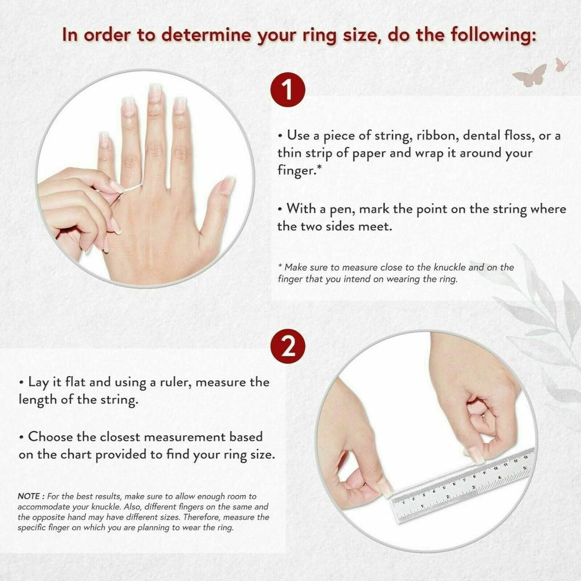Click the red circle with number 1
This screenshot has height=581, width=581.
(288, 90)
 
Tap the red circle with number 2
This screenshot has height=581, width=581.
(288, 347)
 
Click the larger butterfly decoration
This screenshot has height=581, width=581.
(530, 75)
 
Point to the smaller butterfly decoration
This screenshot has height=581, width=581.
(562, 65)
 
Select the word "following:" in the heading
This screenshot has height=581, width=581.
(493, 36)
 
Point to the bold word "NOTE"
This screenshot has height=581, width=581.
(29, 496)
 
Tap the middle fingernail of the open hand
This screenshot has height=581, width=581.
(154, 92)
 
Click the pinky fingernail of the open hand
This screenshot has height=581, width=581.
(103, 140)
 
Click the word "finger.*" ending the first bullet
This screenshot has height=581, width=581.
(300, 171)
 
